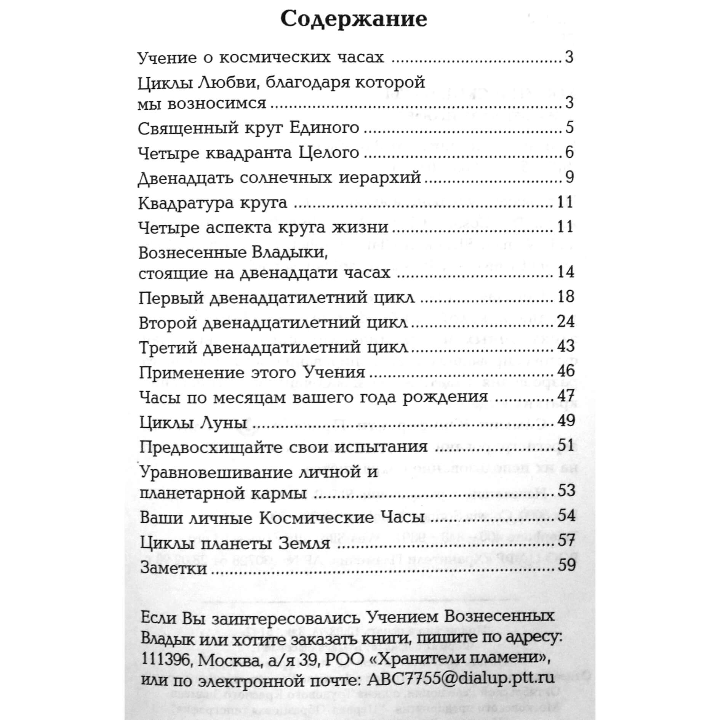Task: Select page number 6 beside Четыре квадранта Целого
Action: (569, 153)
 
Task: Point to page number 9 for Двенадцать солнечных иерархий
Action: (569, 178)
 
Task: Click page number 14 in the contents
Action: (565, 272)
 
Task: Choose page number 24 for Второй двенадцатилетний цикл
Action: (566, 322)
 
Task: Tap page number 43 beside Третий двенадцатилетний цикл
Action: (566, 347)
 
